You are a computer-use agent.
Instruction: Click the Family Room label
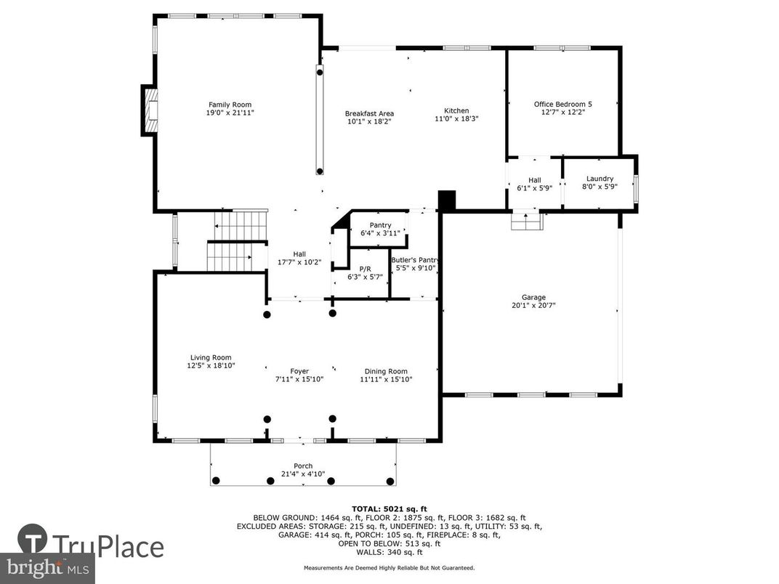coord(230,105)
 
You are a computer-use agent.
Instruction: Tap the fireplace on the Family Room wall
coord(150,110)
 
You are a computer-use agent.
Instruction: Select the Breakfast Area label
coord(369,113)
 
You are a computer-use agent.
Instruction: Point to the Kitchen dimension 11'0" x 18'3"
coord(456,119)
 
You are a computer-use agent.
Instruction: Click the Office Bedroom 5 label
coord(563,104)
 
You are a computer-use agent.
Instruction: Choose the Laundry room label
coord(600,179)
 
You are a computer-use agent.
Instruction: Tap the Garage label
coord(533,297)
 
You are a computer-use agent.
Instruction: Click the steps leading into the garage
coord(526,222)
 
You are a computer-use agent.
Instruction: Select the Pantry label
coord(380,225)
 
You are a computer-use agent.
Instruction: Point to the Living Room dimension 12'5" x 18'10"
coord(211,366)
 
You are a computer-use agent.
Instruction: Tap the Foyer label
coord(299,371)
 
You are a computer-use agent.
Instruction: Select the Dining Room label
coord(386,371)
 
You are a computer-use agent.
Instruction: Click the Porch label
coord(303,466)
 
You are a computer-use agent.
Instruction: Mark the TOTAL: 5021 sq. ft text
coord(389,508)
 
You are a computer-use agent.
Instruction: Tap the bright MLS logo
coord(47,567)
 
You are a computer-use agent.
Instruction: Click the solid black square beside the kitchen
coord(446,200)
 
